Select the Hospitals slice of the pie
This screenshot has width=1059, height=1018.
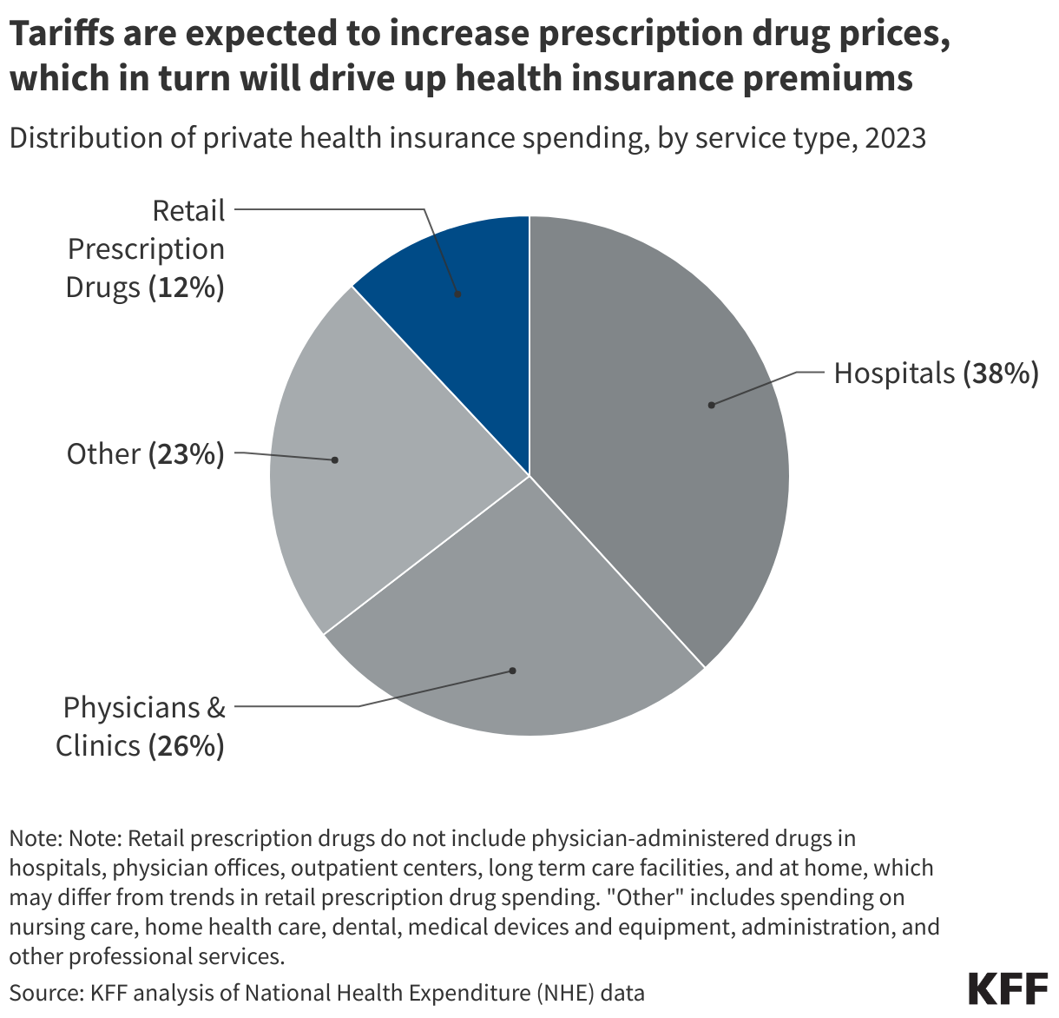660,434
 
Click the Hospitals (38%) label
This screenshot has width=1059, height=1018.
936,373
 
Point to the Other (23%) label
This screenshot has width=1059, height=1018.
145,453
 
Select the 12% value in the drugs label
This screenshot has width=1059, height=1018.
187,288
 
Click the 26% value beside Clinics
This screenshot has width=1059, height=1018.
187,746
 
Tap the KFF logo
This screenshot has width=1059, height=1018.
1007,989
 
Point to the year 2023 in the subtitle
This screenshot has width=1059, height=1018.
895,138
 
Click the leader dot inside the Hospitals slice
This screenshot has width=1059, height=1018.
711,405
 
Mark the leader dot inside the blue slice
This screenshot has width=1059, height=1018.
458,294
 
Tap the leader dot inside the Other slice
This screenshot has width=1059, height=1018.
335,459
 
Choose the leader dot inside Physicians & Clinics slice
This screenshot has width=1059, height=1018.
512,671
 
